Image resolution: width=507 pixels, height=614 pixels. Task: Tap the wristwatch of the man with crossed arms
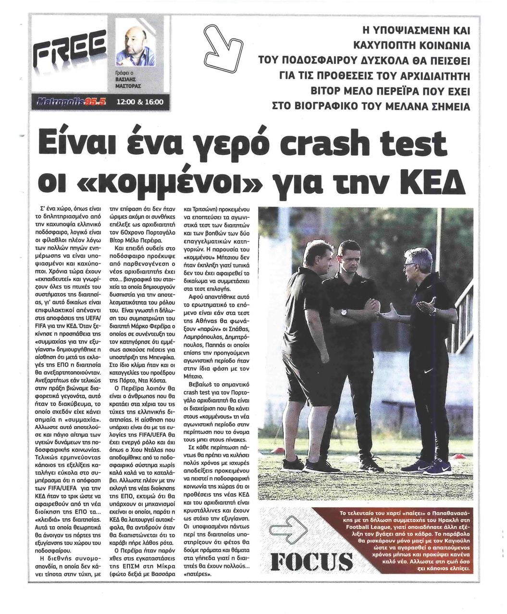pos(344,311)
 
